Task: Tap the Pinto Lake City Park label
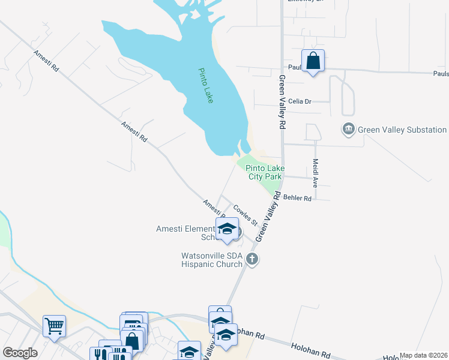pyautogui.click(x=265, y=173)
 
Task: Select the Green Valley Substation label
pyautogui.click(x=402, y=130)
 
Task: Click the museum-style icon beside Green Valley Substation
pyautogui.click(x=348, y=130)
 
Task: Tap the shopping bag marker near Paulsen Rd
pyautogui.click(x=313, y=61)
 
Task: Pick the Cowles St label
pyautogui.click(x=245, y=215)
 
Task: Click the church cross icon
pyautogui.click(x=252, y=259)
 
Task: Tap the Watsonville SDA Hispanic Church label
pyautogui.click(x=212, y=260)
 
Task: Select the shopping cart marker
pyautogui.click(x=54, y=326)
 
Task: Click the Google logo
pyautogui.click(x=20, y=353)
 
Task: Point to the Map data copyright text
pyautogui.click(x=423, y=355)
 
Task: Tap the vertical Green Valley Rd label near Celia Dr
pyautogui.click(x=281, y=102)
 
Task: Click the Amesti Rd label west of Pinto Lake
pyautogui.click(x=134, y=131)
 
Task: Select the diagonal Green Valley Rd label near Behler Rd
pyautogui.click(x=268, y=217)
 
